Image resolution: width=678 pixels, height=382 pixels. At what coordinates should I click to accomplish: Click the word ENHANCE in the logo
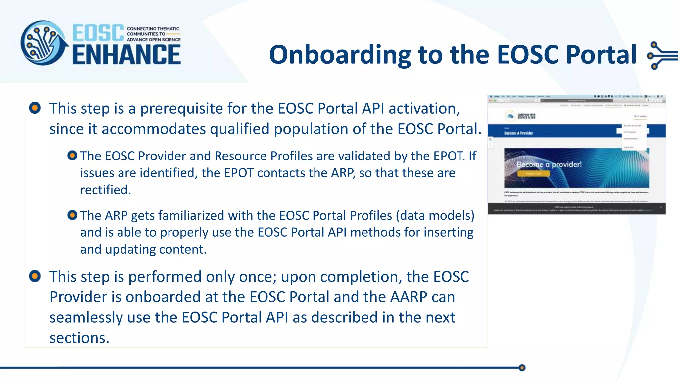[x=126, y=55]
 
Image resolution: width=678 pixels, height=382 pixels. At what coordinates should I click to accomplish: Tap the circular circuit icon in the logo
[x=43, y=43]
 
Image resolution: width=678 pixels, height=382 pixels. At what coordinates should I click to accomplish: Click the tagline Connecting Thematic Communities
[x=154, y=34]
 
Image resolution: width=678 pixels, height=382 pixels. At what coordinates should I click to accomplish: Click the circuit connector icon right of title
[x=660, y=55]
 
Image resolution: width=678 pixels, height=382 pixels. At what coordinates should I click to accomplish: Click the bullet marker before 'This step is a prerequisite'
[x=35, y=108]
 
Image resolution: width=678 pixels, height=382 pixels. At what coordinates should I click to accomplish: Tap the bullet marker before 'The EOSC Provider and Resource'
[x=72, y=155]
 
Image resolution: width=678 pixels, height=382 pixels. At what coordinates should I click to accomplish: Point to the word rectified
[x=105, y=190]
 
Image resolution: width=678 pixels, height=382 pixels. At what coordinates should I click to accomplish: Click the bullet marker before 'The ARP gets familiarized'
[x=72, y=215]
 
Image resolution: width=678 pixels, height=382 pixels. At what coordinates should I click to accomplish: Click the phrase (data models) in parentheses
[x=435, y=216]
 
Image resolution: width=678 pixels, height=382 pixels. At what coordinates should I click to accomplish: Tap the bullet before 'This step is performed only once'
[x=35, y=276]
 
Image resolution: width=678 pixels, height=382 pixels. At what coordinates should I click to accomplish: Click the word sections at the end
[x=79, y=338]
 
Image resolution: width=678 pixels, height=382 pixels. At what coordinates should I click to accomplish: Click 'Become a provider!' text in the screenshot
[x=549, y=164]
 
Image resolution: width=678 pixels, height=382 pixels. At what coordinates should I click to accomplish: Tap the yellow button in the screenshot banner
[x=533, y=173]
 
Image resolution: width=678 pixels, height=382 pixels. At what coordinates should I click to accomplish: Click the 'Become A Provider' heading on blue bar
[x=518, y=133]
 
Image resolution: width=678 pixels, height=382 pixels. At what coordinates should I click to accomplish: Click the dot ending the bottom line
[x=522, y=368]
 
